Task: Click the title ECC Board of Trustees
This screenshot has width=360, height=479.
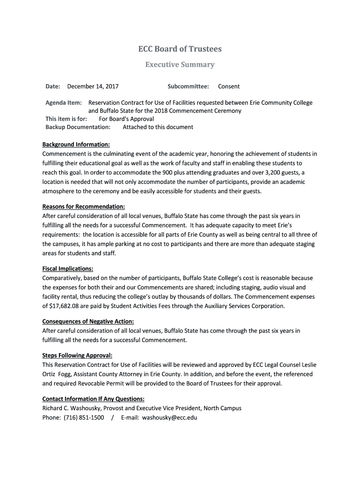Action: coord(180,49)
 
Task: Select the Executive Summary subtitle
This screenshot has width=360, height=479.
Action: coord(180,65)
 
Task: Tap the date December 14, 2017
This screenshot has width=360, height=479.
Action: coord(93,87)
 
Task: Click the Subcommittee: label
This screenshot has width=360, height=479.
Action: coord(188,87)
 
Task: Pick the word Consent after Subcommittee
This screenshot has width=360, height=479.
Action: coord(229,87)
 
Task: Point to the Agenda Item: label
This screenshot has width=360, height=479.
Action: coord(64,103)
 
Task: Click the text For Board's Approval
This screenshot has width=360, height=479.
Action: coord(126,119)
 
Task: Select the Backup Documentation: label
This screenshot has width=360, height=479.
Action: coord(78,127)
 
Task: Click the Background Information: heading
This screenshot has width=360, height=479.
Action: coord(76,145)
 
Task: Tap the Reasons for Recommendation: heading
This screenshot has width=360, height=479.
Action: coord(84,207)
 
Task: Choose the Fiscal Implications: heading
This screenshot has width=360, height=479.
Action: coord(68,269)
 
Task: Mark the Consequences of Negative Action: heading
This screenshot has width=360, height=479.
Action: coord(88,321)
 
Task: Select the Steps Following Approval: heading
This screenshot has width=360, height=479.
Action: coord(77,356)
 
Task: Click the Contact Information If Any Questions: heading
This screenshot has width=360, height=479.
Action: coord(93,399)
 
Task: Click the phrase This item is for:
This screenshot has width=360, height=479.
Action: coord(66,119)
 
